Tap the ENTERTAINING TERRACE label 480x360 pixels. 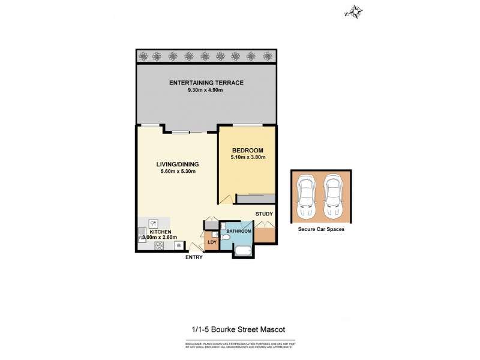click(x=206, y=82)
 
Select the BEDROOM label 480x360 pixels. click(x=247, y=151)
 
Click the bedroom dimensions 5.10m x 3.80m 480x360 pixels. click(x=247, y=158)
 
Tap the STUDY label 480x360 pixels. click(x=265, y=214)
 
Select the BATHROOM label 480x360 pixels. click(x=238, y=230)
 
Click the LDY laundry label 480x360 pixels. click(x=212, y=242)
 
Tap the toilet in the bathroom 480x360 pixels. click(x=226, y=238)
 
